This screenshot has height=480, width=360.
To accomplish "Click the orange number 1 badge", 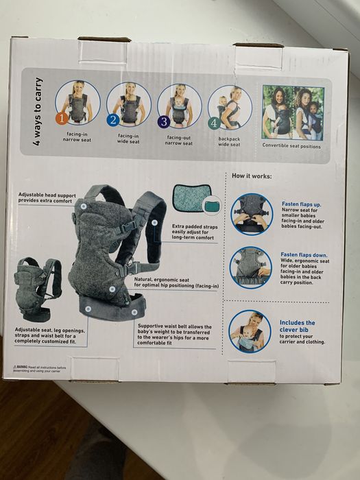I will coord(62,118).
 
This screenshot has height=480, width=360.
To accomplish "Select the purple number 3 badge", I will coord(163,121).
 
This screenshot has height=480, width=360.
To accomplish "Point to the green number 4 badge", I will coord(213,123).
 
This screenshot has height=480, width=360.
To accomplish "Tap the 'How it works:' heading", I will coord(252,176).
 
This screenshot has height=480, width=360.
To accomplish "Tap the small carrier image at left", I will coord(37,289).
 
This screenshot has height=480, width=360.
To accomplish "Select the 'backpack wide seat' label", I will coord(229,141).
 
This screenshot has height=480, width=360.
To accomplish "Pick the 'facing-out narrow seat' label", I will coord(179,140).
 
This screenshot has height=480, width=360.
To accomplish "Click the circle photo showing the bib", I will coord(250,331).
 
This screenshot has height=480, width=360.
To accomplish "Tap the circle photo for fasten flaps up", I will coord(251,215).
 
